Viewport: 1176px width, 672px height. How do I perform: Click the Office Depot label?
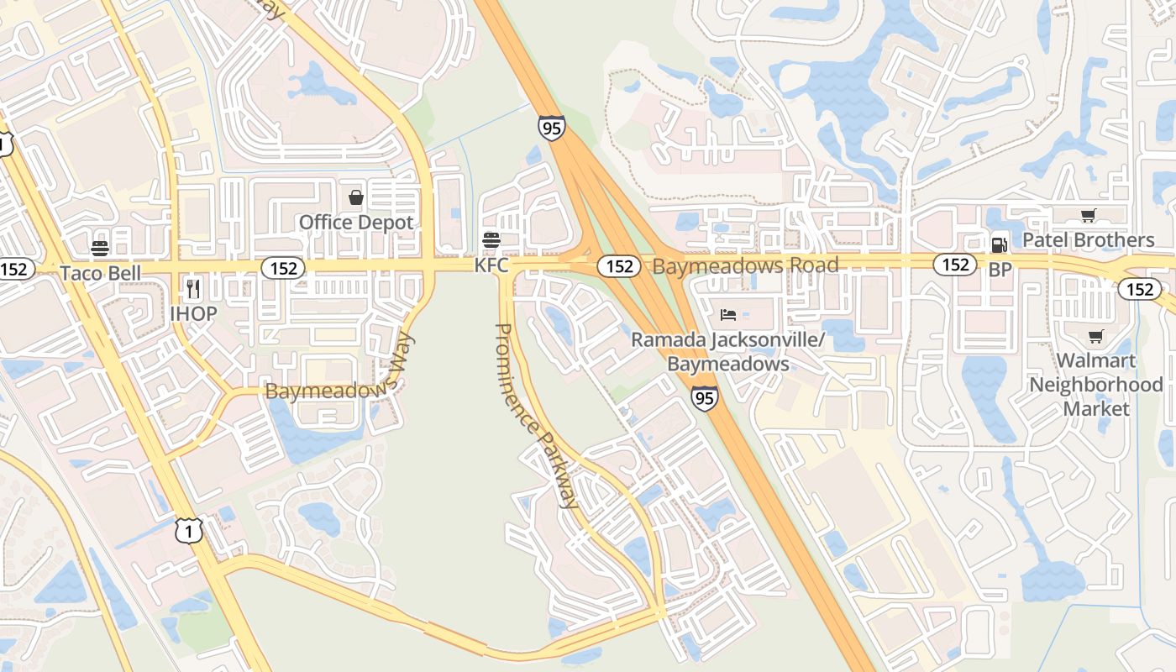coord(356,223)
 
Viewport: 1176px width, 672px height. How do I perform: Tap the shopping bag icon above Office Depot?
coord(356,198)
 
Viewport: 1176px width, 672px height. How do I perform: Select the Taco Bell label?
coord(100,273)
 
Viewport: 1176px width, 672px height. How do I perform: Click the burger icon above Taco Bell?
coord(100,248)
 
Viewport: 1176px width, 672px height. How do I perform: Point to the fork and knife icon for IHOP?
coord(193,289)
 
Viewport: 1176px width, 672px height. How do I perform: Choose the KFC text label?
coord(491,265)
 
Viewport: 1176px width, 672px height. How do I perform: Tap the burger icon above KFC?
coord(491,240)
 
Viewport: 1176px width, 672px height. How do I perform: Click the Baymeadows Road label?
coord(745,266)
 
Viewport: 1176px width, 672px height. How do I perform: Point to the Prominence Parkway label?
coord(537,416)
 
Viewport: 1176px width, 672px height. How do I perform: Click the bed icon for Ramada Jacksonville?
coord(728,315)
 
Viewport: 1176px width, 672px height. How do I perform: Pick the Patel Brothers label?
coord(1088,240)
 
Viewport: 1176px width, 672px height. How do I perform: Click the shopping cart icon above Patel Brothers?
coord(1088,215)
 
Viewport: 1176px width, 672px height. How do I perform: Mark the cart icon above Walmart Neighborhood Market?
coord(1095,337)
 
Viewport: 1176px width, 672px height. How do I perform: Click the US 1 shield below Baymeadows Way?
coord(190,530)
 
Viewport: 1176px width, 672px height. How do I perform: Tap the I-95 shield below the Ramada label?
coord(705,398)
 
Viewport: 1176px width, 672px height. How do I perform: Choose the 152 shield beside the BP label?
coord(955,265)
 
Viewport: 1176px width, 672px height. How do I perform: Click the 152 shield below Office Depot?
coord(283,268)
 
